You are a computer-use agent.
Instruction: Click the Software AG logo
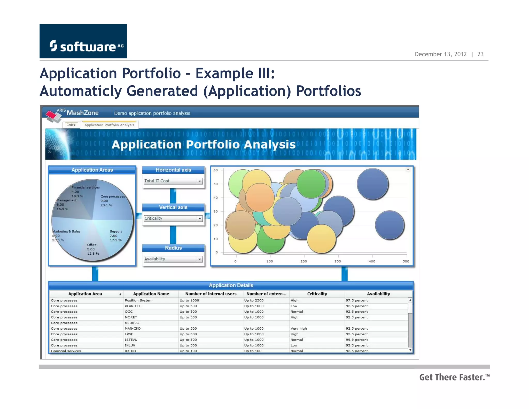83,41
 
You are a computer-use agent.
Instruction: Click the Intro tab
71,125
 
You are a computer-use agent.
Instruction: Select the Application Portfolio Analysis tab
109,125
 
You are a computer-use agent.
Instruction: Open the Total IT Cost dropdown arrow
200,181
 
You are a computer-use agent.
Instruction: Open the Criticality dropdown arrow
200,219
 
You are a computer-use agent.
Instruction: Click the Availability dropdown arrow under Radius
200,259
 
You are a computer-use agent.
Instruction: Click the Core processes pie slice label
112,197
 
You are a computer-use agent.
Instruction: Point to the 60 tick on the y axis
216,170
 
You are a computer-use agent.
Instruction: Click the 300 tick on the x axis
338,261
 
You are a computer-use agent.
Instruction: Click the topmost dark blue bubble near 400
373,184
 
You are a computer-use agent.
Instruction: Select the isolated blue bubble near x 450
390,225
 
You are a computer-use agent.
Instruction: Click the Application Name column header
151,294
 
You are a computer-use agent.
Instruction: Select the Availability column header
378,294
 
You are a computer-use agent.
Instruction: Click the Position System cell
139,300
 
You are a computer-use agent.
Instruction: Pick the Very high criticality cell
299,328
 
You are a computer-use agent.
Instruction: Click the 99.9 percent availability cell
357,340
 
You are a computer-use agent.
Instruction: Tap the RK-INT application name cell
131,351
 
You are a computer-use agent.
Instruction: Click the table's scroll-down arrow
410,350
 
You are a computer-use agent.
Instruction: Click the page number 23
480,54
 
